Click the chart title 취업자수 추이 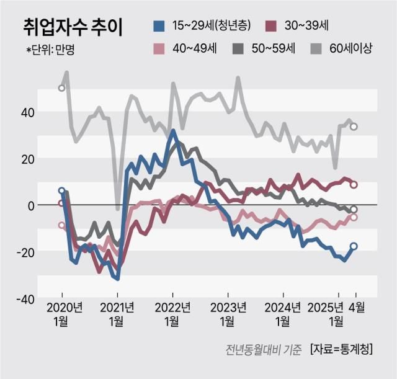pos(73,27)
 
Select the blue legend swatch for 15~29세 pos(159,26)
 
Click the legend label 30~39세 pos(306,26)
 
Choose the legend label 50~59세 pos(272,49)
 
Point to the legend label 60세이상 pos(350,49)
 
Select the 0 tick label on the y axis pos(30,205)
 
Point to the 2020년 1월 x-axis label pos(62,314)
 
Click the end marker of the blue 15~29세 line pos(354,246)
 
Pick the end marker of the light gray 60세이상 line pos(354,127)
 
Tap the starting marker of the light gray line pos(61,88)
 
